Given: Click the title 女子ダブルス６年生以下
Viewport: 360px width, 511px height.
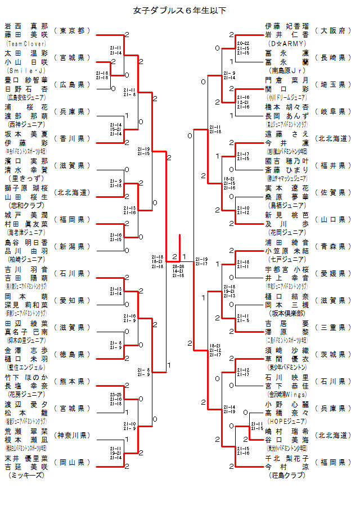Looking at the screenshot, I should click(x=179, y=10).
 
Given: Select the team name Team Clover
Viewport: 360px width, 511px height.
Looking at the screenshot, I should click(x=26, y=43).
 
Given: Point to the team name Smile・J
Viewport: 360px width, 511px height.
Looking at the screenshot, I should click(x=26, y=70).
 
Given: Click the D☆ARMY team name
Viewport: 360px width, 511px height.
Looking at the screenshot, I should click(x=286, y=43).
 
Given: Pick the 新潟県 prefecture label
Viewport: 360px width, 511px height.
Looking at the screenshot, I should click(x=72, y=246).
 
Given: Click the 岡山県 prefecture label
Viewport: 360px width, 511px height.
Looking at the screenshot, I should click(x=72, y=462).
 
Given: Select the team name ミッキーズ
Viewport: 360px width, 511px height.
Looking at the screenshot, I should click(x=26, y=475).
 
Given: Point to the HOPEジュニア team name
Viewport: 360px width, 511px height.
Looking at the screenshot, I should click(x=286, y=420).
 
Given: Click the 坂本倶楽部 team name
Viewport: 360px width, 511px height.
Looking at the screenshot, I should click(x=286, y=313).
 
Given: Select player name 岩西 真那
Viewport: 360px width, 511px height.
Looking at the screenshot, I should click(x=26, y=26).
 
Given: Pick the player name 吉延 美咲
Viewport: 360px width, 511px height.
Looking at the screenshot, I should click(x=26, y=467).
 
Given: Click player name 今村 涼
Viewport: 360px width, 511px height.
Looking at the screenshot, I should click(x=286, y=467).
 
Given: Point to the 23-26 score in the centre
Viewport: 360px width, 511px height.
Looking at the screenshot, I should click(x=179, y=266).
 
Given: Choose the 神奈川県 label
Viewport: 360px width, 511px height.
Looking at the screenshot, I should click(x=72, y=435).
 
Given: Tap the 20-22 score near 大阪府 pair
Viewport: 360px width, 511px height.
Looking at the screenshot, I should click(x=244, y=43).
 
